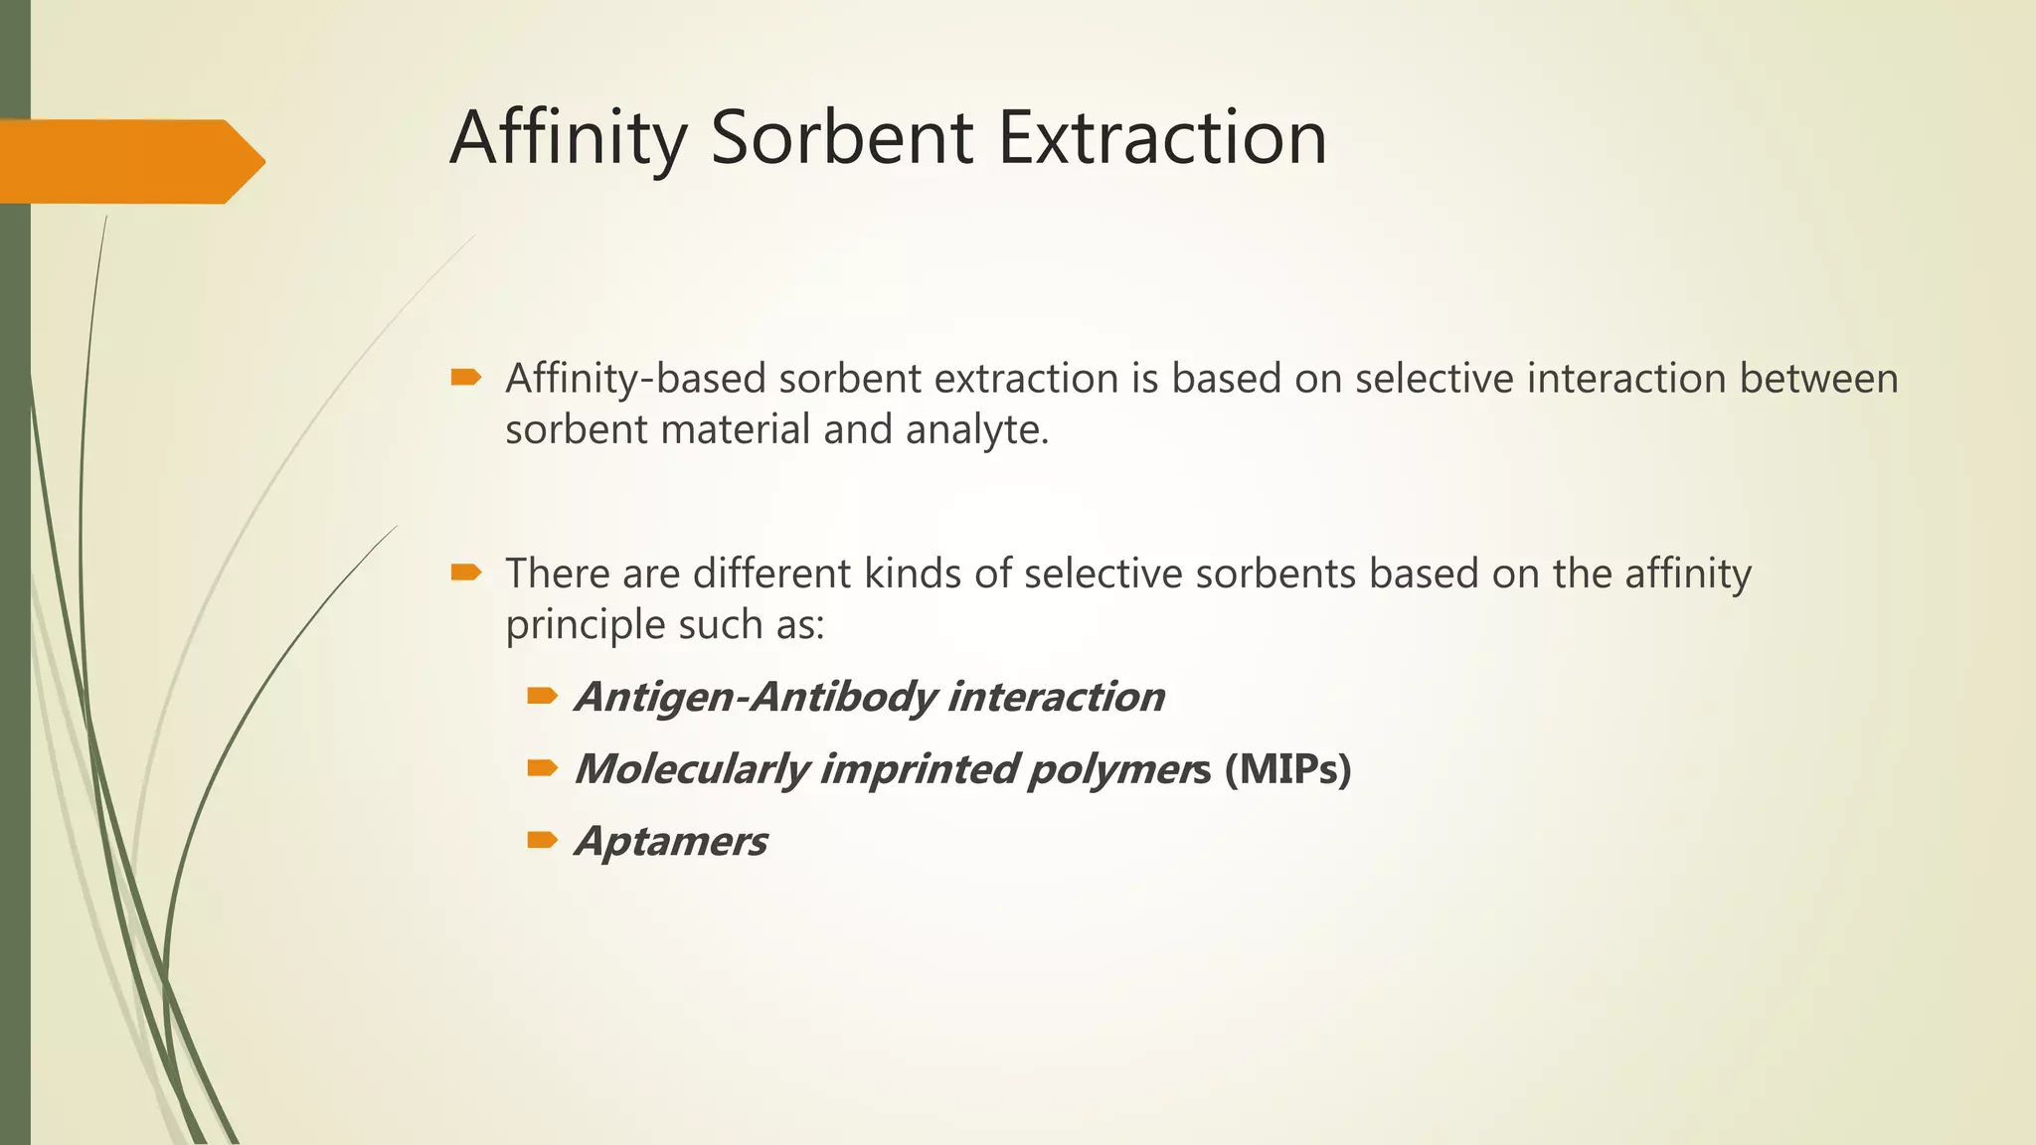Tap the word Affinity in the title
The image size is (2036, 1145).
(568, 139)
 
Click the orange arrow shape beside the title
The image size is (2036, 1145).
(129, 161)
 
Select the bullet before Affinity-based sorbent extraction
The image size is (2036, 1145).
(465, 377)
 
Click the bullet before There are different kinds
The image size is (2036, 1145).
(465, 572)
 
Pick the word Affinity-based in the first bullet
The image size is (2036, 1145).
(635, 380)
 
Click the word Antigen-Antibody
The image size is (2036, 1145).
(755, 698)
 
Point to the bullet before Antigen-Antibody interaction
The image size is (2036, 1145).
(542, 696)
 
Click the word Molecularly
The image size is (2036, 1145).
(692, 770)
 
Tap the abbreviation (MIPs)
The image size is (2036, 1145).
(1287, 768)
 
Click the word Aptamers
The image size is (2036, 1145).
(671, 842)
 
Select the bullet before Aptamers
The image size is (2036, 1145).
(542, 840)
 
